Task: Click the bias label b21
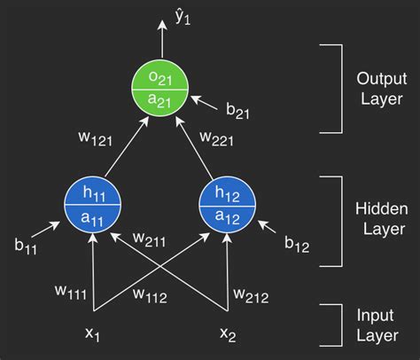click(237, 112)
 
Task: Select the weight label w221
click(218, 140)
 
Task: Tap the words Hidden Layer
click(380, 220)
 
